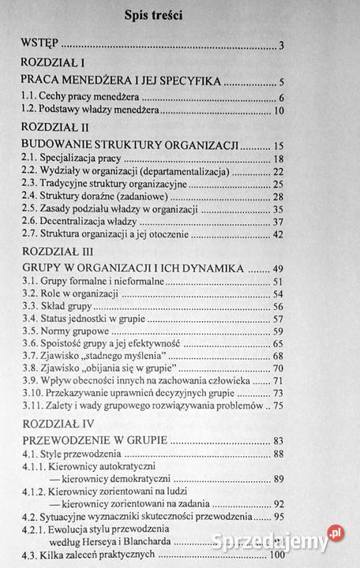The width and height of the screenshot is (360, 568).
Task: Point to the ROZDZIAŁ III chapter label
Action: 54,252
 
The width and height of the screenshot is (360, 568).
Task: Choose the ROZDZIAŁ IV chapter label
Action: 54,424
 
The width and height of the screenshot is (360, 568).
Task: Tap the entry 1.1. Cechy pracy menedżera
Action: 73,98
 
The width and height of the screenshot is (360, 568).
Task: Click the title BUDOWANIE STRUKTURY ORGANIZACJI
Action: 129,146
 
